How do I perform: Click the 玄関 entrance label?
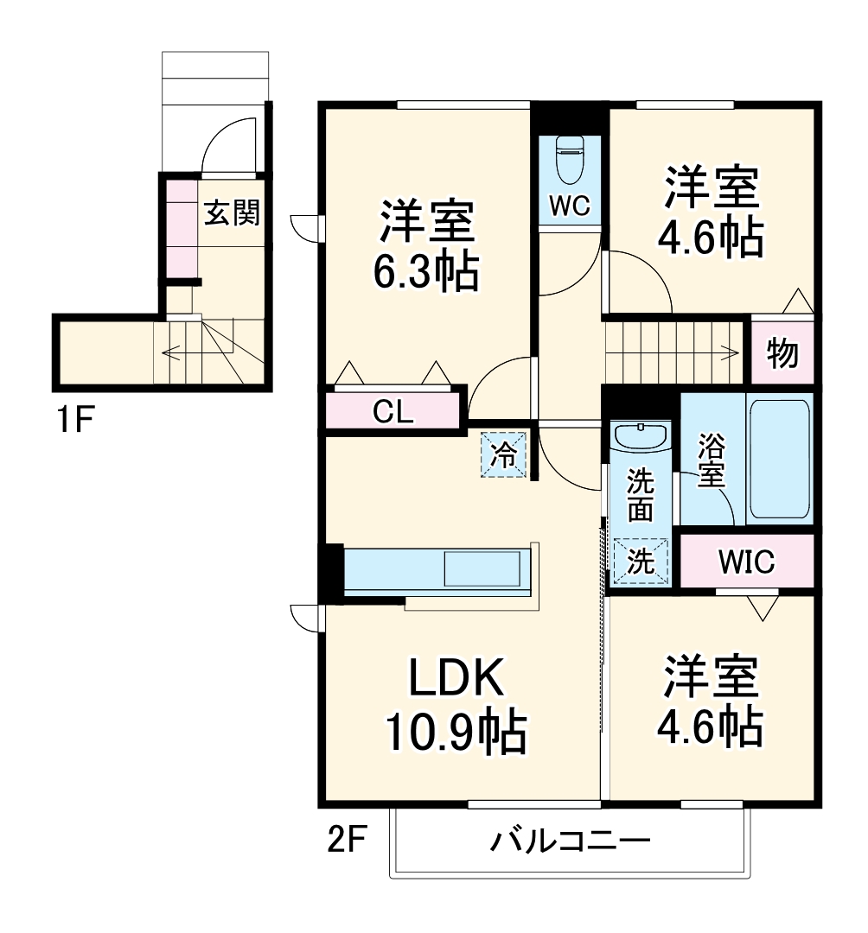pos(231,213)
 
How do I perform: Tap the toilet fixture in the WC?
pos(570,160)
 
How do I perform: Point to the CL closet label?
pos(393,412)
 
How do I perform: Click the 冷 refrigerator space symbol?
pos(504,454)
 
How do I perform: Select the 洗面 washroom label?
pos(641,494)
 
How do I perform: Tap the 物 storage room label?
pos(782,353)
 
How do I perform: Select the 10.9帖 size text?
pos(456,734)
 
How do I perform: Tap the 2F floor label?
pos(348,839)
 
